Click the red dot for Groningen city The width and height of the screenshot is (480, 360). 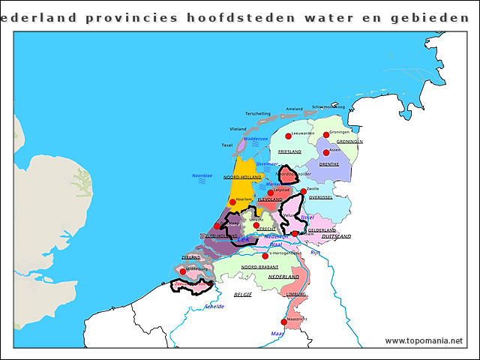pyautogui.click(x=326, y=135)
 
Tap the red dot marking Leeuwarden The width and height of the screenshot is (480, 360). pyautogui.click(x=287, y=136)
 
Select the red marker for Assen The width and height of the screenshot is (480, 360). pyautogui.click(x=327, y=150)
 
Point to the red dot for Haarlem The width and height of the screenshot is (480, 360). pyautogui.click(x=233, y=201)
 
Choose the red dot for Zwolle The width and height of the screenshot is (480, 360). pyautogui.click(x=304, y=192)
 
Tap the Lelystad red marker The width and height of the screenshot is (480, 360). pyautogui.click(x=270, y=193)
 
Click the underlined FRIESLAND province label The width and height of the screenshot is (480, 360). pyautogui.click(x=289, y=151)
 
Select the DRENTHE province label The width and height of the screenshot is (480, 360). pyautogui.click(x=328, y=163)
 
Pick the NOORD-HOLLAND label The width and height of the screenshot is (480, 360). pyautogui.click(x=240, y=177)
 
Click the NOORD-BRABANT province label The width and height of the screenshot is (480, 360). pyautogui.click(x=259, y=267)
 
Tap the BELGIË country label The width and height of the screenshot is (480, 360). pyautogui.click(x=243, y=295)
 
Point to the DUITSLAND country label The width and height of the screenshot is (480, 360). pyautogui.click(x=336, y=236)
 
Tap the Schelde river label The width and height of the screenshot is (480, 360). pyautogui.click(x=214, y=307)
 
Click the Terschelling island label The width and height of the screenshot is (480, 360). pyautogui.click(x=257, y=114)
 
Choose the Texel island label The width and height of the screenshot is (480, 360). pyautogui.click(x=227, y=145)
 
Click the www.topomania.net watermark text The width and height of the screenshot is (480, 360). pyautogui.click(x=424, y=340)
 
